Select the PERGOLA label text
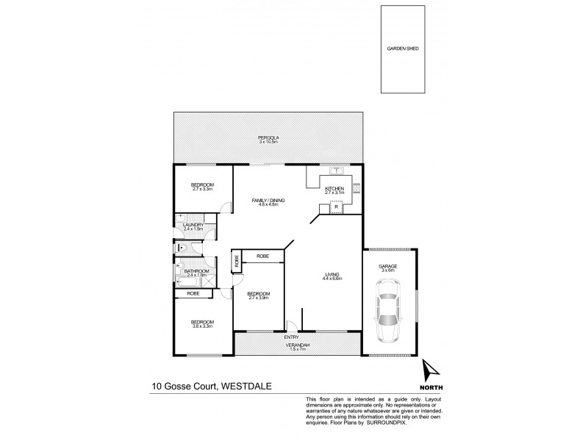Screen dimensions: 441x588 pyautogui.click(x=268, y=137)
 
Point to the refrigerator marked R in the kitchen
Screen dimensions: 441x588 pyautogui.click(x=336, y=207)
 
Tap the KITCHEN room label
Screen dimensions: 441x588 pyautogui.click(x=334, y=188)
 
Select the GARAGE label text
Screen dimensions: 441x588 pyautogui.click(x=388, y=266)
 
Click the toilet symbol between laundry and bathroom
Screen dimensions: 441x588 pyautogui.click(x=180, y=249)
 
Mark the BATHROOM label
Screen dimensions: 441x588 pyautogui.click(x=197, y=271)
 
